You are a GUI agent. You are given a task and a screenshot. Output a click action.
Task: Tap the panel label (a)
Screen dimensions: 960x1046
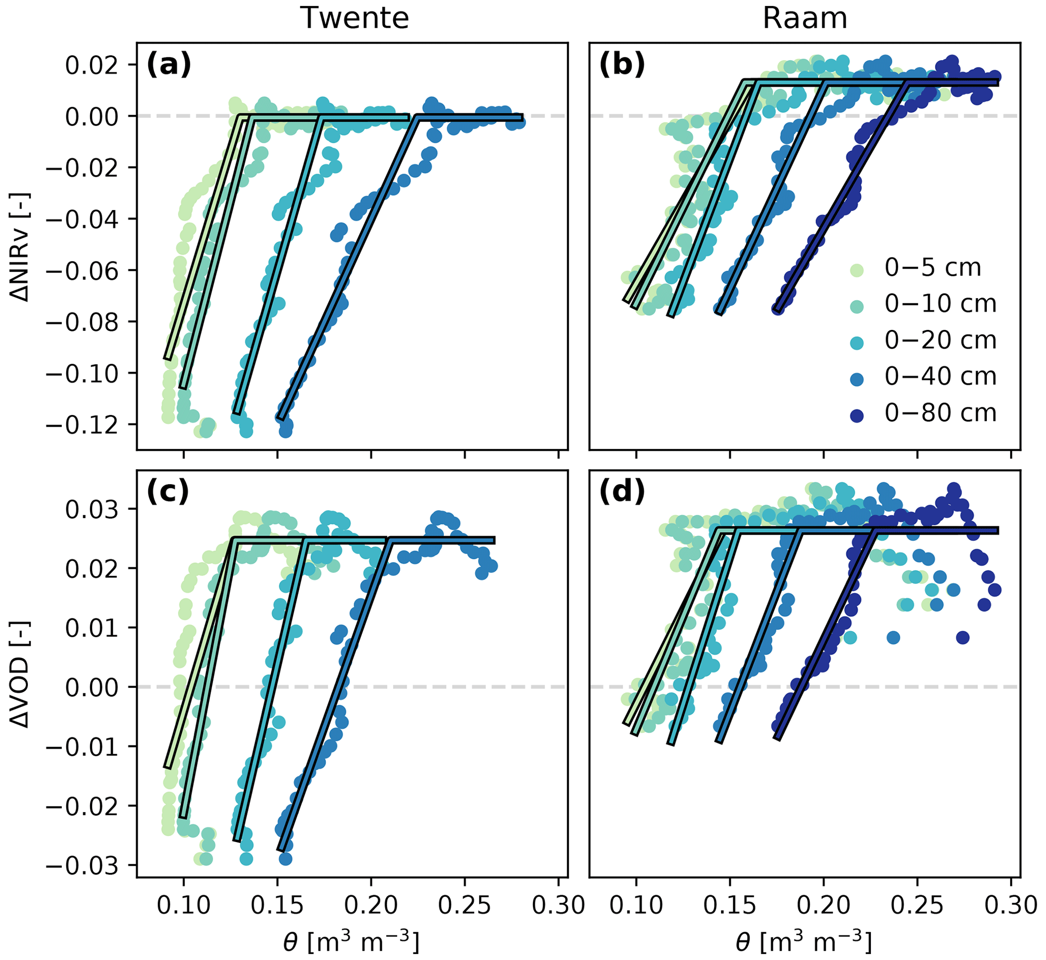(169, 65)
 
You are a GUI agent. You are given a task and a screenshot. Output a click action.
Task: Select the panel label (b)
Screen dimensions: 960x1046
(621, 65)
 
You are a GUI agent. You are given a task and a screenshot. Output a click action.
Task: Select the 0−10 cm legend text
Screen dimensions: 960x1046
(941, 305)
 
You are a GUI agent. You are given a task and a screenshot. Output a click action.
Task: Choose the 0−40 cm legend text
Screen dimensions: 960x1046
(941, 377)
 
